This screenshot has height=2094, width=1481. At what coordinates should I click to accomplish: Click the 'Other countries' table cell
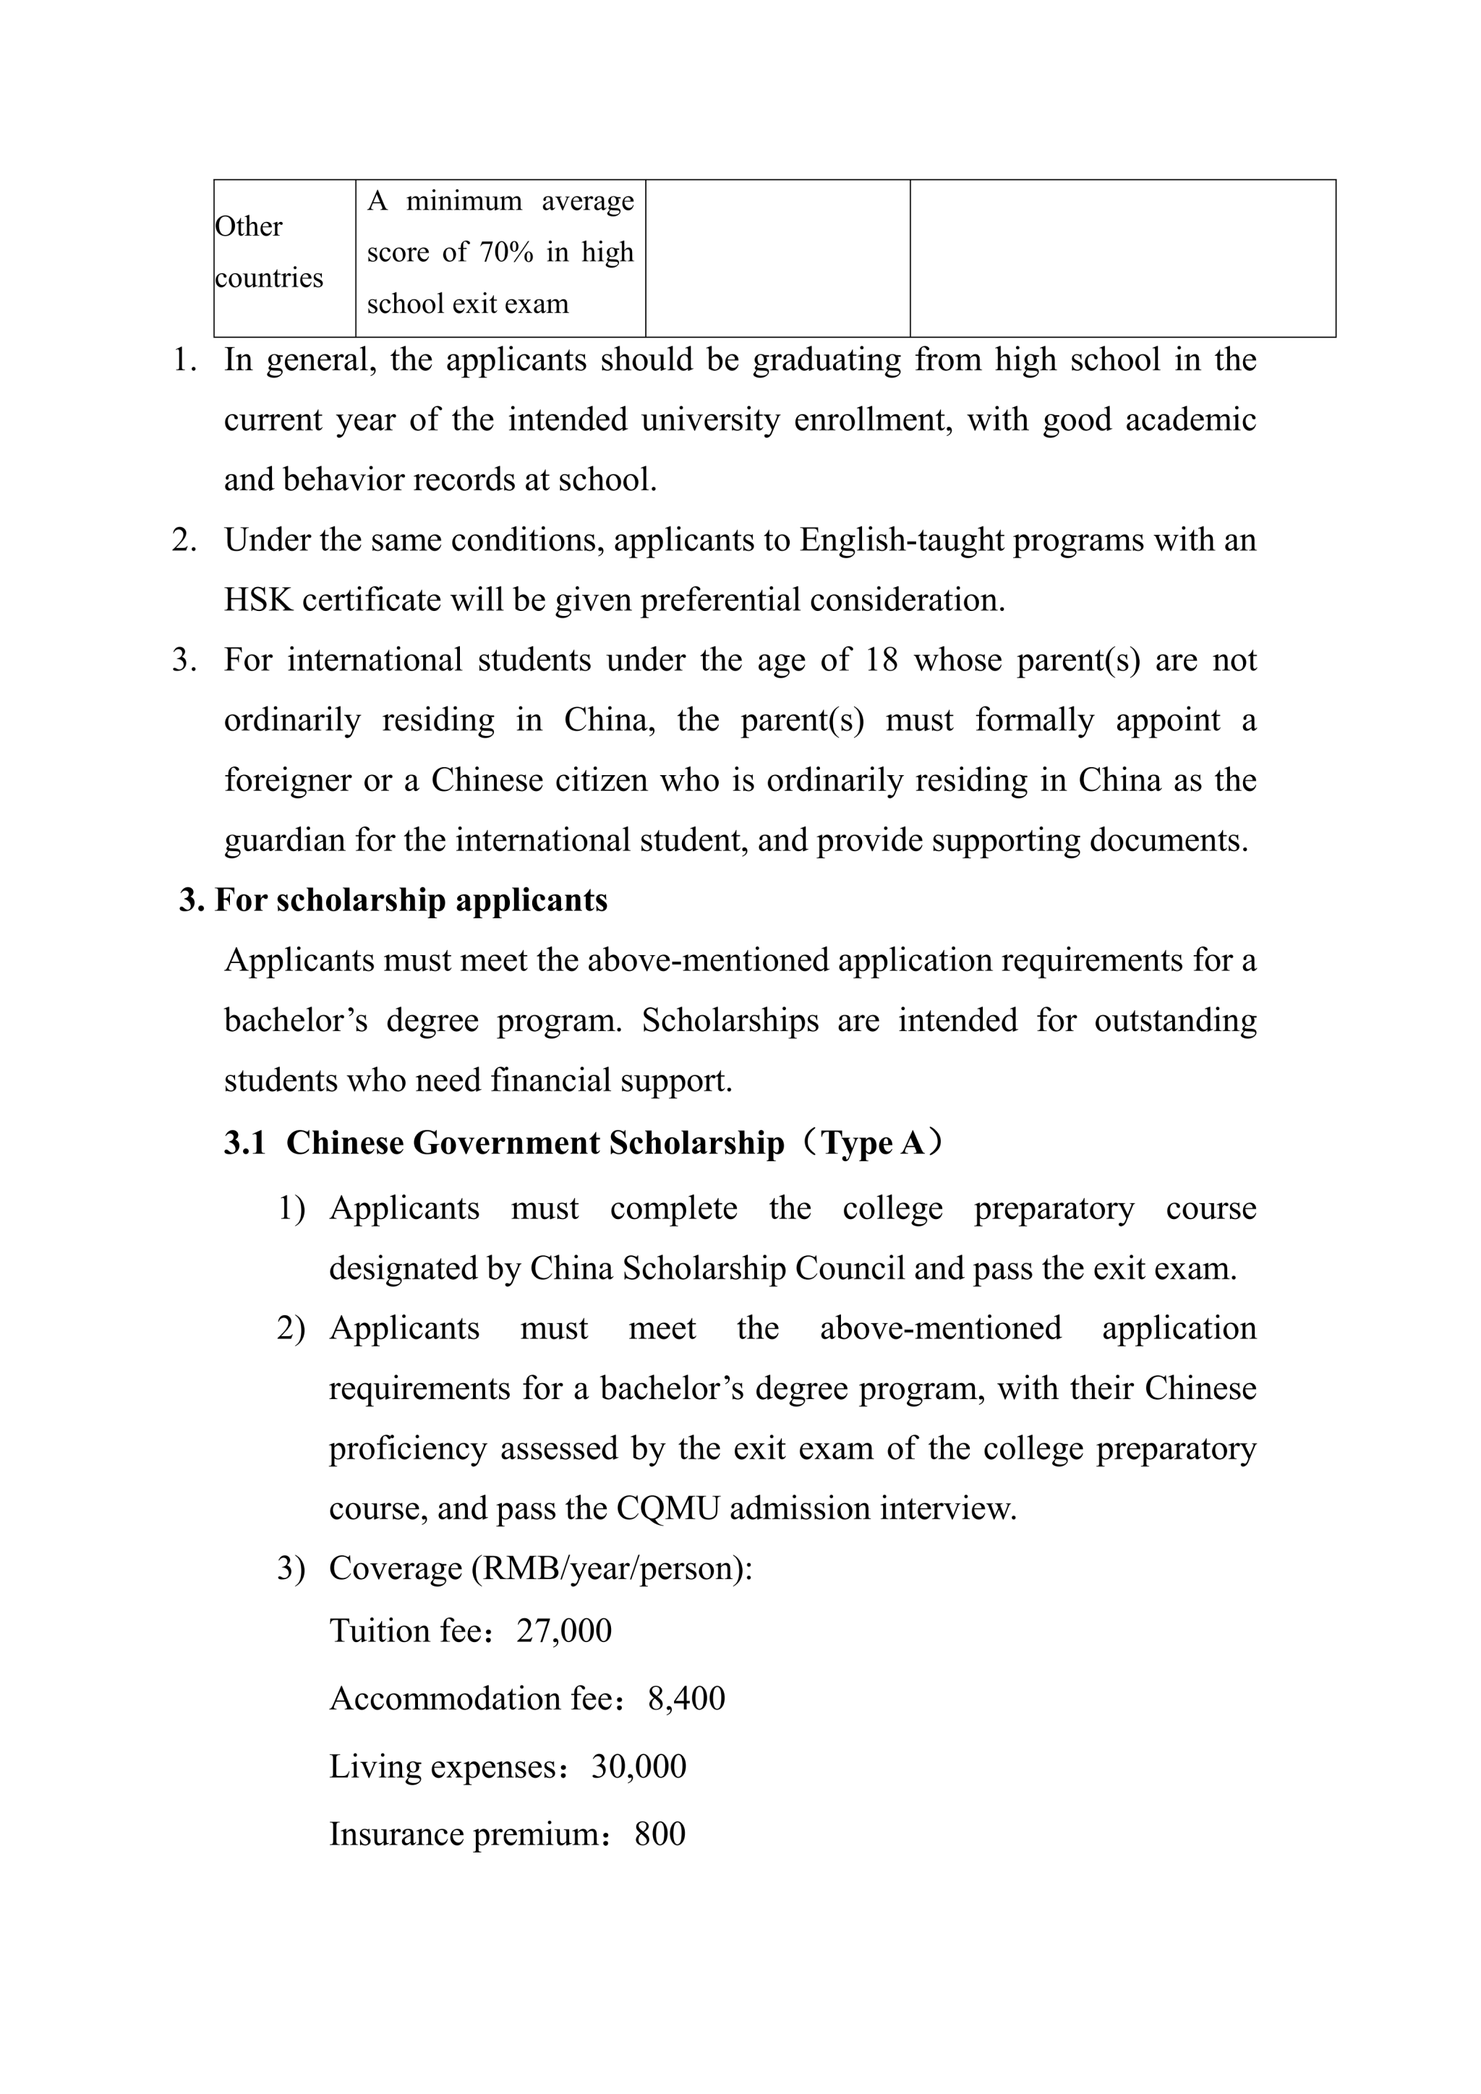(269, 252)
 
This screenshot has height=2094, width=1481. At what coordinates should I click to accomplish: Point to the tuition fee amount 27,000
(563, 1631)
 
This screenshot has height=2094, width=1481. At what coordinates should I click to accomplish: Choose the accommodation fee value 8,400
(686, 1698)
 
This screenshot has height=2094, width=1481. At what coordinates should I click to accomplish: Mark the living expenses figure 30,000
(639, 1766)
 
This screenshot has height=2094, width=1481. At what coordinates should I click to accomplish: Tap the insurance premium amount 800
(660, 1834)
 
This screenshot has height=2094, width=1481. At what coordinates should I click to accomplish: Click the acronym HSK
(258, 600)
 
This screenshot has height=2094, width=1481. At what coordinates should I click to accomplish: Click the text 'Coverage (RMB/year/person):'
(540, 1568)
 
